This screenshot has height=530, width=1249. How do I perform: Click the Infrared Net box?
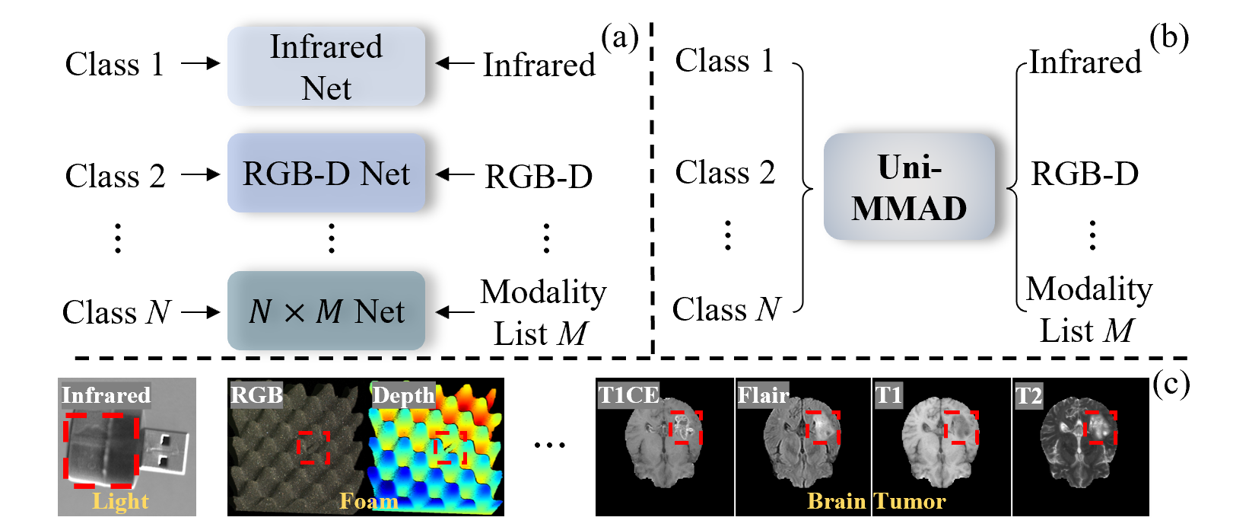pos(326,66)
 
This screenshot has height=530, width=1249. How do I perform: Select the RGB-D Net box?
pos(326,173)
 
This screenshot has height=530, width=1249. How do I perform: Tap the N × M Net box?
pos(326,311)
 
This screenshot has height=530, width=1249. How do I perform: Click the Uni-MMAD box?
pos(910,187)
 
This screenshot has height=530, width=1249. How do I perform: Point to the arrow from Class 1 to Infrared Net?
pos(201,63)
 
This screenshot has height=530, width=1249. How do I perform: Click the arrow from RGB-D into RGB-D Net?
pos(455,175)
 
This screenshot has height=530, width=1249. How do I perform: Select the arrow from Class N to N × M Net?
pos(201,311)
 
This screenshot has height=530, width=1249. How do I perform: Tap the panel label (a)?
pos(619,38)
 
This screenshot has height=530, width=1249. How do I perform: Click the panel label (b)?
pos(1168,38)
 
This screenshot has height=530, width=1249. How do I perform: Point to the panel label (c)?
pos(1171,385)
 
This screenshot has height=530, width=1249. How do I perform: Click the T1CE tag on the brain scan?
pos(628,395)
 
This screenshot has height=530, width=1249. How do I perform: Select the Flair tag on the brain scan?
pos(763,395)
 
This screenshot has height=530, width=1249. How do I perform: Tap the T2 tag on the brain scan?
pos(1028,395)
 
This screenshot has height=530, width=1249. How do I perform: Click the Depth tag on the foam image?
pos(403,395)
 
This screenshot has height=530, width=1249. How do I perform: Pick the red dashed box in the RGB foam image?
pos(313,447)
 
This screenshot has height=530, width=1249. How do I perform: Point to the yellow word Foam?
pos(369,501)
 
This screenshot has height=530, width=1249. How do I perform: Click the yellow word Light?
pos(120,501)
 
